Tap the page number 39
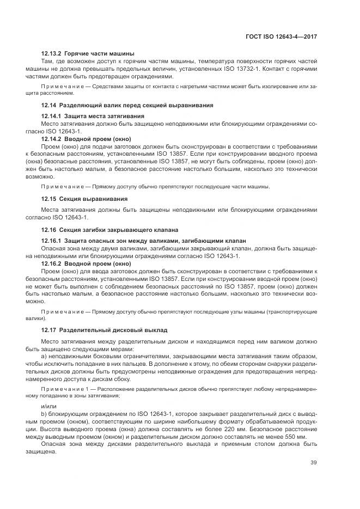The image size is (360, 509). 314,463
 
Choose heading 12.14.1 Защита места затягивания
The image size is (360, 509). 93,116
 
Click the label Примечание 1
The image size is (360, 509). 64,389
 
